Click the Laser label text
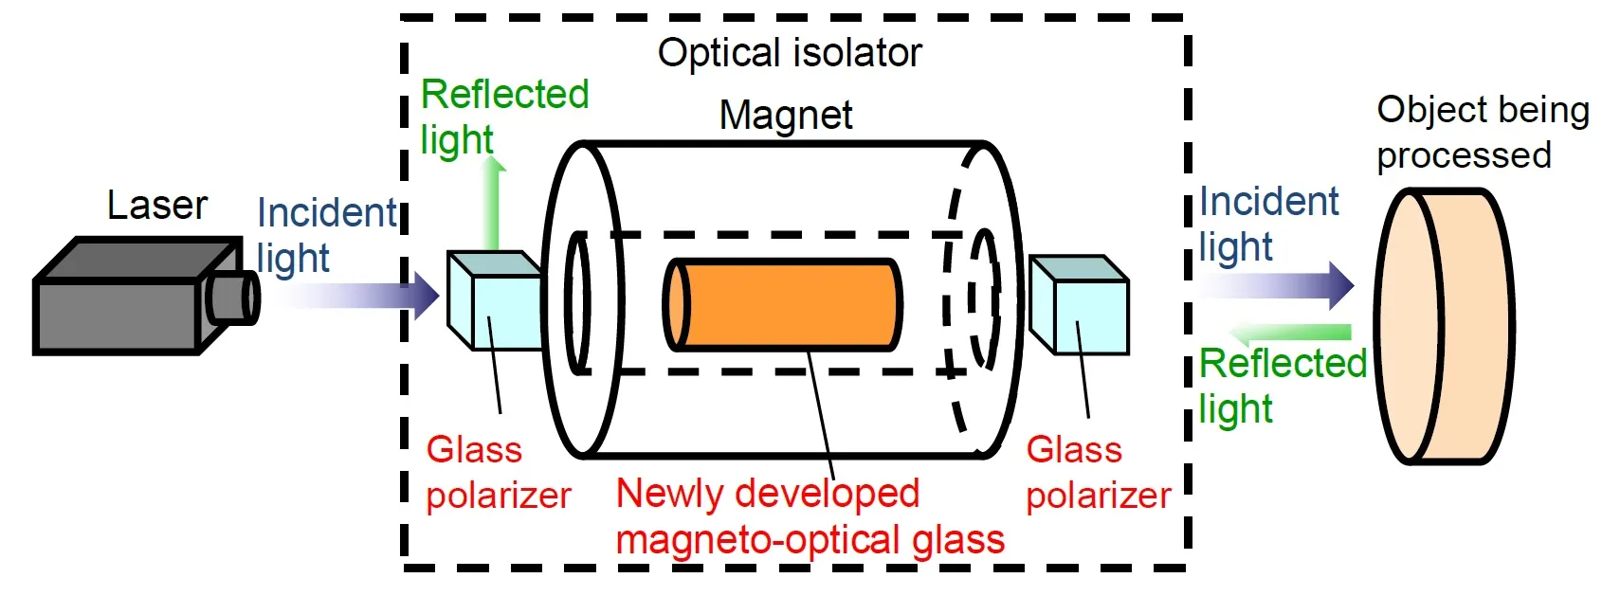coord(156,206)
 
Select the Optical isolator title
coord(790,53)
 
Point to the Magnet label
coord(786,116)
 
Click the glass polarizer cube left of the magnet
coord(494,301)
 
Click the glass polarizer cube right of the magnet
coord(1079,305)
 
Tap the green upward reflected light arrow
coord(493,204)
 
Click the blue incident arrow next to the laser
coord(360,296)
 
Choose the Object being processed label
coord(1482,133)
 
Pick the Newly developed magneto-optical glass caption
coord(809,516)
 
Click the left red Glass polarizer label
coord(498,472)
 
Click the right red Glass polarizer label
coord(1098,472)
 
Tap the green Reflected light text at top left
coord(503,117)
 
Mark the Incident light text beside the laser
coord(326,235)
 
